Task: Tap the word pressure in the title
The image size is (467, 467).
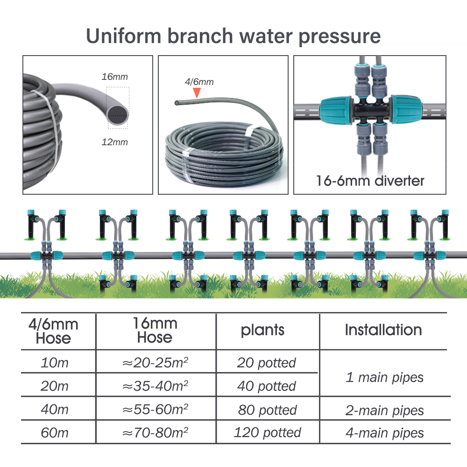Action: [x=340, y=36]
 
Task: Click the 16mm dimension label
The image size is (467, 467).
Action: [x=114, y=77]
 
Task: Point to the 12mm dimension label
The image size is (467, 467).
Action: [x=114, y=142]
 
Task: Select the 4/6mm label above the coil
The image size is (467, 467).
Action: [x=199, y=82]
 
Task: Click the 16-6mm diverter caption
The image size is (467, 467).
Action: [x=370, y=180]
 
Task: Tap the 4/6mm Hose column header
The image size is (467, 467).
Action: [x=54, y=331]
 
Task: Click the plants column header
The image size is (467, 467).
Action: [x=262, y=330]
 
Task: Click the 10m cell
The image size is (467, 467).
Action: [x=55, y=363]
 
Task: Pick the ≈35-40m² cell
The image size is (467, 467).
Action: [x=155, y=386]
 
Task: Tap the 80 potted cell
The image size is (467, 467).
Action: [x=267, y=410]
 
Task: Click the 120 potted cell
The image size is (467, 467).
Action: [x=267, y=433]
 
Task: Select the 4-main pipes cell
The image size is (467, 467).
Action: [x=384, y=433]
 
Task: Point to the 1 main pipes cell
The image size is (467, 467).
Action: [x=384, y=377]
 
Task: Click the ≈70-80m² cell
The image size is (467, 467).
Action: [x=155, y=433]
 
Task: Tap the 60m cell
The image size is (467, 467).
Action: [x=55, y=433]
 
